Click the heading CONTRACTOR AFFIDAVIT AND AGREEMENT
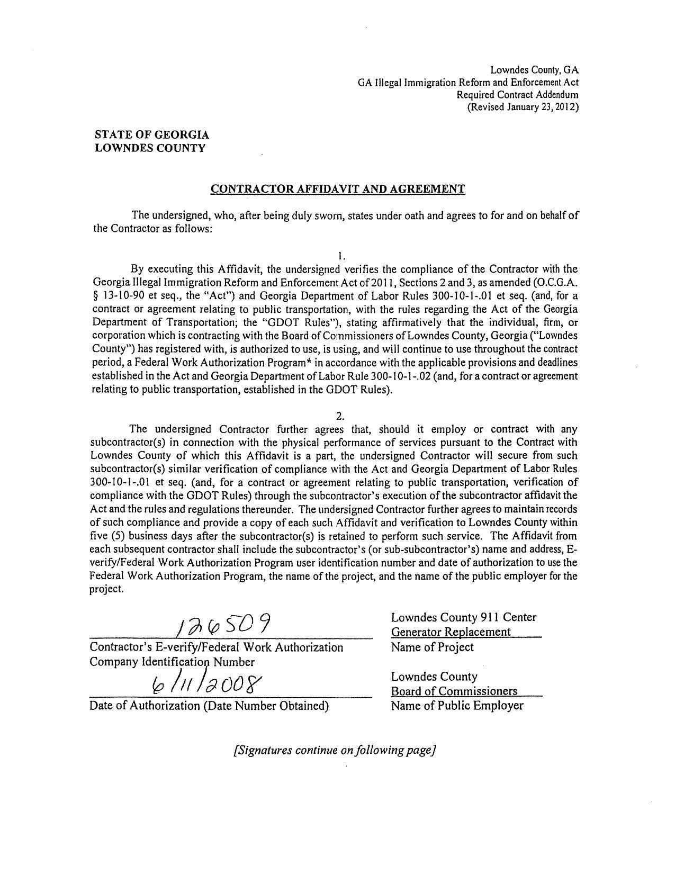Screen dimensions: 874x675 coord(338,189)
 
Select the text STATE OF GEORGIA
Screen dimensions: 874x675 coord(151,135)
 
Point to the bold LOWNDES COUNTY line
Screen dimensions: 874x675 coord(149,148)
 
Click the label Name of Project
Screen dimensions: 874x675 coord(432,647)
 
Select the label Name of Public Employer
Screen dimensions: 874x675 coord(457,706)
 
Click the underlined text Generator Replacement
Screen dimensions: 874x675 coord(451,632)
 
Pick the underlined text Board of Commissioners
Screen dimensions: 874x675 coord(454,691)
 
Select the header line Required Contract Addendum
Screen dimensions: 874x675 coord(517,95)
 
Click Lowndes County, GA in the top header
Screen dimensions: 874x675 coord(534,70)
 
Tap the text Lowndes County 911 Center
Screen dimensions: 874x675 coord(464,617)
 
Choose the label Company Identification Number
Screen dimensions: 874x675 coord(172,662)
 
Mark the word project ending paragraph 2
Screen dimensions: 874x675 coord(106,589)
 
